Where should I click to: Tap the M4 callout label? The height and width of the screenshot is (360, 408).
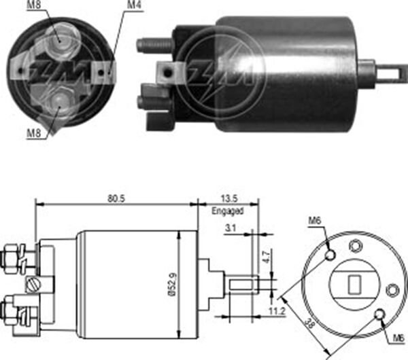tap(134, 7)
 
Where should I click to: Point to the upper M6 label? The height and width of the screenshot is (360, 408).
tap(313, 220)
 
